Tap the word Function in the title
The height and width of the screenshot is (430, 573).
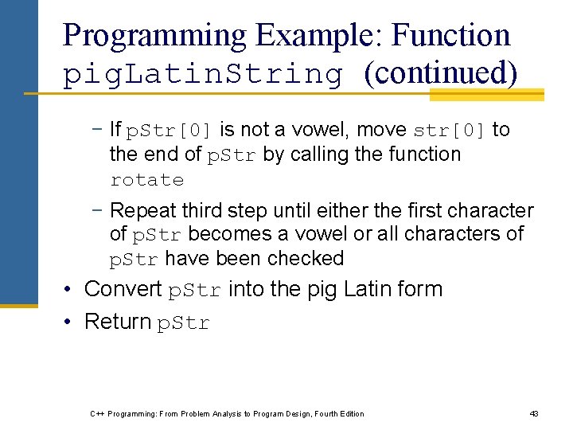(x=451, y=36)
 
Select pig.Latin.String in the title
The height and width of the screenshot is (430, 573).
(x=203, y=74)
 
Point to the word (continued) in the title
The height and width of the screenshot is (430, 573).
(x=440, y=73)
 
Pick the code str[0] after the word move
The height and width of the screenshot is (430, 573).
(x=450, y=131)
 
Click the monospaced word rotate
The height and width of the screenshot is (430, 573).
(x=147, y=180)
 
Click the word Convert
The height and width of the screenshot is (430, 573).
(x=123, y=289)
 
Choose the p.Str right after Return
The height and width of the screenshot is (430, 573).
(x=184, y=322)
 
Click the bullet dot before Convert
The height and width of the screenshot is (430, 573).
(x=70, y=290)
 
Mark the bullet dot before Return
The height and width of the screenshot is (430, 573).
(x=70, y=322)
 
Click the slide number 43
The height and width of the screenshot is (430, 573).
(x=534, y=413)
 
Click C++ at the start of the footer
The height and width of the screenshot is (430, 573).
(x=97, y=413)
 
